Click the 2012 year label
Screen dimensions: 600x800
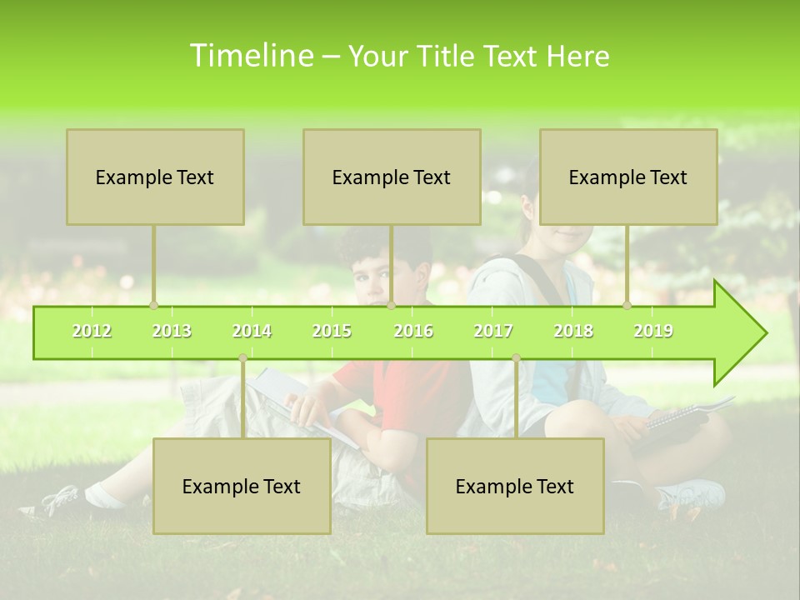tap(92, 331)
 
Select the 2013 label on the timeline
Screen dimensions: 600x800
tap(172, 331)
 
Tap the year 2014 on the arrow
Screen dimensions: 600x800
tap(252, 331)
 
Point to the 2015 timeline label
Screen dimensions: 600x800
tap(332, 331)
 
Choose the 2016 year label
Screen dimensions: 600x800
tap(413, 331)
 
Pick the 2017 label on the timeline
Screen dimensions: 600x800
tap(493, 331)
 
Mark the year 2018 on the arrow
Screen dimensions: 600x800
tap(573, 331)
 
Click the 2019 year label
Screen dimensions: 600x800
tap(653, 331)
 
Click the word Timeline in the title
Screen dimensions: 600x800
tap(250, 56)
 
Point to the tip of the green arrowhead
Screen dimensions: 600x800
tap(765, 333)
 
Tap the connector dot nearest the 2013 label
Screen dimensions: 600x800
tap(153, 306)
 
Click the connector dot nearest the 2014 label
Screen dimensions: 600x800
tap(242, 358)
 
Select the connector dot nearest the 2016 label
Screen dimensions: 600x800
tap(391, 306)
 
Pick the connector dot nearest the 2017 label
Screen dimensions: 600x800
tap(516, 358)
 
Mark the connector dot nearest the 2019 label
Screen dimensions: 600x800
tap(627, 306)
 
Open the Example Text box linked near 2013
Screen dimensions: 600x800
tap(155, 177)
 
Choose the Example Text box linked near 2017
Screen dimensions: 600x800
tap(515, 486)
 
